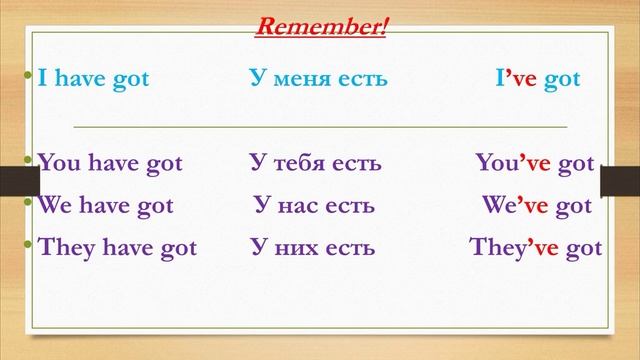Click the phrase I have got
tap(93, 79)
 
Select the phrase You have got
tap(110, 163)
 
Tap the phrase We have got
tap(105, 205)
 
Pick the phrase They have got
tap(117, 247)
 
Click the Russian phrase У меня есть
tap(317, 79)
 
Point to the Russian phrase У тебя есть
tap(315, 163)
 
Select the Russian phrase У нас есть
tap(314, 205)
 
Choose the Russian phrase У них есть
tap(313, 247)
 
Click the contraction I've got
tap(530, 79)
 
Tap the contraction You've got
tap(534, 163)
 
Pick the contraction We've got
tap(536, 205)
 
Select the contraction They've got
tap(535, 247)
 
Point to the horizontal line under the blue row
tap(320, 128)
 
